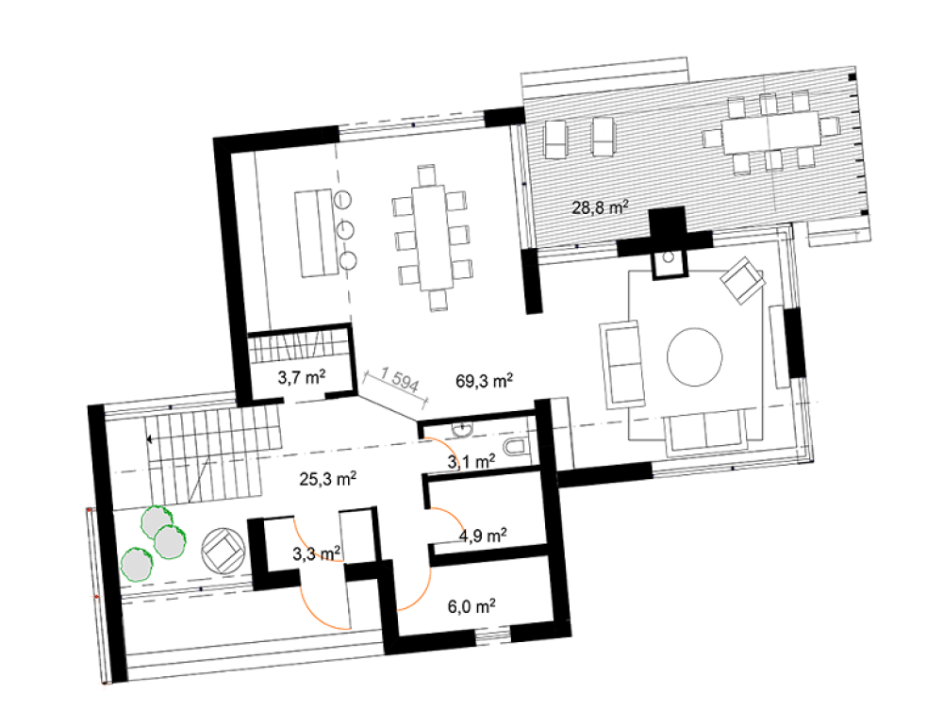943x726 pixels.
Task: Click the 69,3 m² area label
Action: click(484, 381)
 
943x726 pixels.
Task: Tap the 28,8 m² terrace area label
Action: click(600, 207)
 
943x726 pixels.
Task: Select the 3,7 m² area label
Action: click(302, 377)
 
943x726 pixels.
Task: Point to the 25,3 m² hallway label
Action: click(328, 479)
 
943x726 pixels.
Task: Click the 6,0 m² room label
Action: click(471, 606)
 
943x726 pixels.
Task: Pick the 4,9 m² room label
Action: click(482, 535)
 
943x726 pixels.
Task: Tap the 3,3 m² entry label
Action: click(317, 553)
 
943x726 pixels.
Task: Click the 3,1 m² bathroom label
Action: click(471, 462)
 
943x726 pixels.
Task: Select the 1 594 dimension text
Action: click(399, 381)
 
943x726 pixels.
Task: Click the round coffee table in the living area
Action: click(695, 356)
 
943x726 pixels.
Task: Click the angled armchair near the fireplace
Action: click(743, 280)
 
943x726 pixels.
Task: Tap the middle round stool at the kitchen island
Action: click(345, 229)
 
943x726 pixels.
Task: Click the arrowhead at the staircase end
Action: click(149, 439)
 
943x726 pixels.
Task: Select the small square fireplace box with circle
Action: click(670, 265)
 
